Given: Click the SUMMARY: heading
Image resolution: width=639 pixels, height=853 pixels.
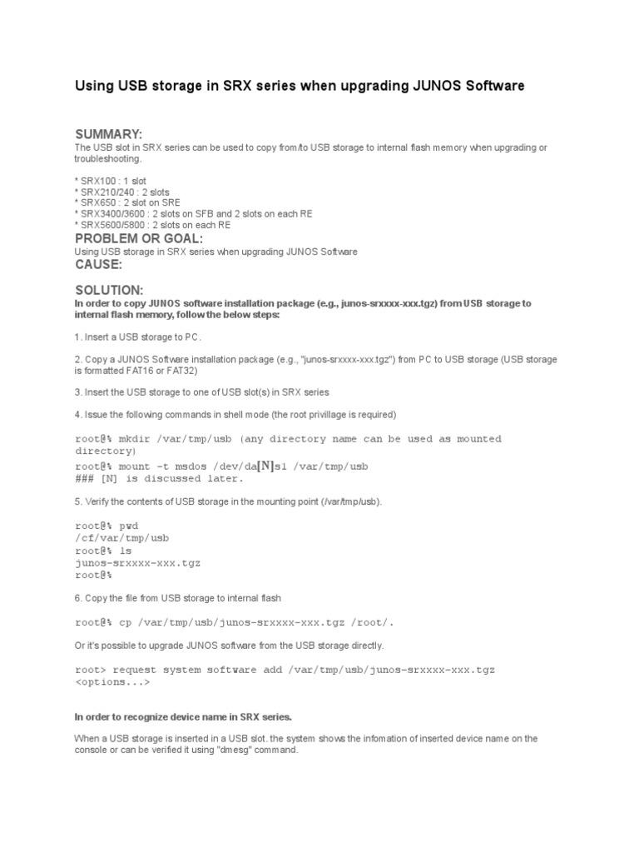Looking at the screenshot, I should click(109, 135).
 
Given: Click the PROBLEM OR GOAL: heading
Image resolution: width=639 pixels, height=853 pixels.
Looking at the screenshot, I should click(139, 239).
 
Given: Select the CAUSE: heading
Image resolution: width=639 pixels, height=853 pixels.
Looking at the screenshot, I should click(99, 264).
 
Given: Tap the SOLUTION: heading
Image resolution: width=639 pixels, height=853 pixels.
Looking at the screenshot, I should click(109, 290).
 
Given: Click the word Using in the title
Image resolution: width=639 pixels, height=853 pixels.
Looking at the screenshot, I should click(94, 86).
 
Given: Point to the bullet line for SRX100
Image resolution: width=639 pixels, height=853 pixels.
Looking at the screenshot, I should click(111, 181).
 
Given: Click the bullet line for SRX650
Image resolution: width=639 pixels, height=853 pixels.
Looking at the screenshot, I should click(127, 202).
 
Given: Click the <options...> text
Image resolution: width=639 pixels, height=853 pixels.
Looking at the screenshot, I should click(112, 682).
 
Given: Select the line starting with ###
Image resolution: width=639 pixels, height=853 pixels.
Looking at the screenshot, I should click(160, 479).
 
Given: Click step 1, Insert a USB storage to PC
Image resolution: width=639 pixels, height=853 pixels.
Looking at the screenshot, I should click(138, 337).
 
